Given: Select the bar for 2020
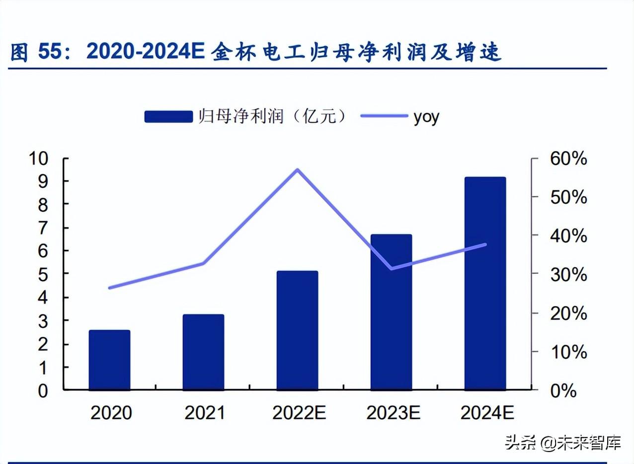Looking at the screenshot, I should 109,360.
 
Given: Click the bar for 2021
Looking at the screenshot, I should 203,352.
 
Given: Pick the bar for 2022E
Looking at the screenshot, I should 297,330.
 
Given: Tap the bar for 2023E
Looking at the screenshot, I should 391,311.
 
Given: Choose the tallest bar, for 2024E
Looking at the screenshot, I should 485,283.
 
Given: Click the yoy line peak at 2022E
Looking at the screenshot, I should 297,170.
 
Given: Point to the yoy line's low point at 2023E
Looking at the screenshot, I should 392,268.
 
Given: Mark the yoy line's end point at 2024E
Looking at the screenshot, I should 485,244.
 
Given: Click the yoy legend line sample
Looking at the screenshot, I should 384,116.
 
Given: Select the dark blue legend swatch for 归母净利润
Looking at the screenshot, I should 168,117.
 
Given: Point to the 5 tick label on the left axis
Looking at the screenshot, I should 43,274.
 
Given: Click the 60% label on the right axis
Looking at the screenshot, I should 568,159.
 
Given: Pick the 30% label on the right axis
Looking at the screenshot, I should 568,275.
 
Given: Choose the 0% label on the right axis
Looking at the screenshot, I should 563,390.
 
